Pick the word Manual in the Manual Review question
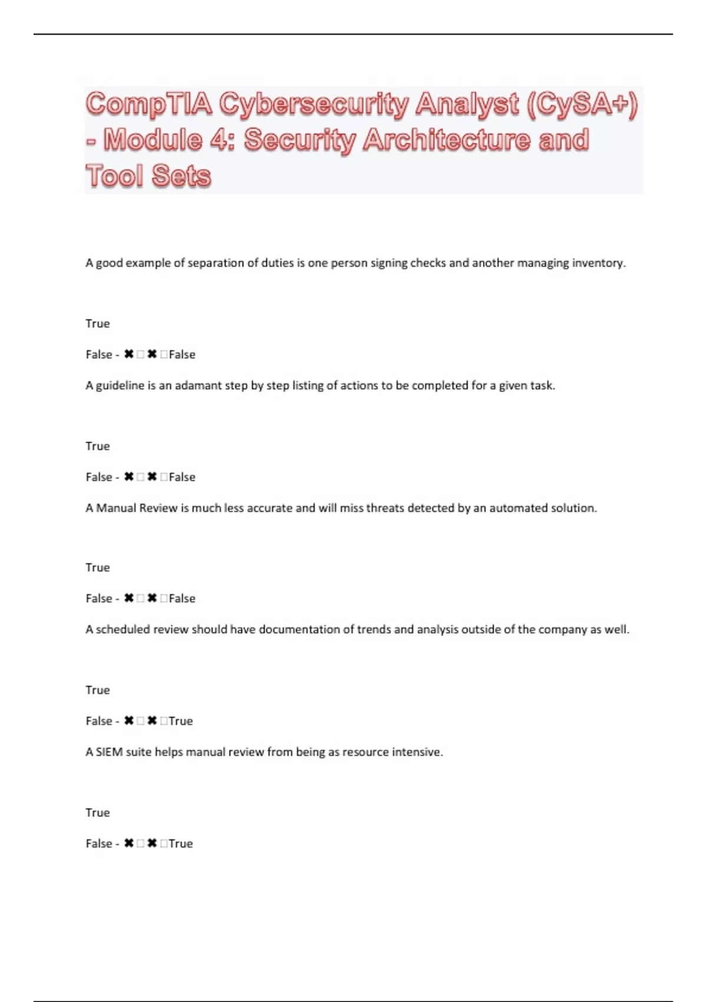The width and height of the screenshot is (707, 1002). [116, 508]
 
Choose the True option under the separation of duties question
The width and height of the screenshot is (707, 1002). [98, 324]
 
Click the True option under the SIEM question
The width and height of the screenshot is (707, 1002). [98, 813]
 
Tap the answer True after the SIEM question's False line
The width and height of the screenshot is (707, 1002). [181, 843]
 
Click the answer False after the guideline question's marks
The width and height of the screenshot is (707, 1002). [182, 477]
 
